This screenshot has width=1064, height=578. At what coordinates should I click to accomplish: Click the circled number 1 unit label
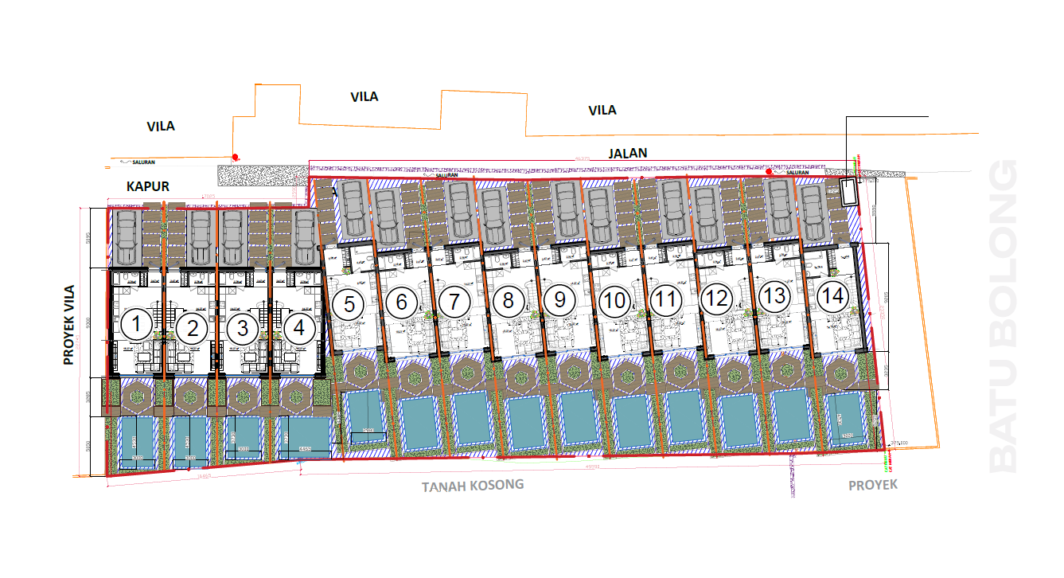138,326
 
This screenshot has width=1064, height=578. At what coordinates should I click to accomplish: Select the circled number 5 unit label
348,303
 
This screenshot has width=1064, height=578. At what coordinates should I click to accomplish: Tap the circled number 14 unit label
833,297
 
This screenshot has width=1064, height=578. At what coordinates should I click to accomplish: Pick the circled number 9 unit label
559,300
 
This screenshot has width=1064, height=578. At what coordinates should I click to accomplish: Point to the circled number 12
717,299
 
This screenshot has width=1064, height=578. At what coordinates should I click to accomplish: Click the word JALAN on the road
627,153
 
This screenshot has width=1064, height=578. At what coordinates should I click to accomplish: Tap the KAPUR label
148,186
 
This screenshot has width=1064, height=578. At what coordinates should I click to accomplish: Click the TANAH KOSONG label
473,485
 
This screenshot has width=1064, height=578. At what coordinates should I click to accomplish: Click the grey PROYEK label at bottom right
872,484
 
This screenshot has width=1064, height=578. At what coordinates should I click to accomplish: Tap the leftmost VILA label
161,126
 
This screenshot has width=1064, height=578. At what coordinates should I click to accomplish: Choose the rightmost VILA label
602,110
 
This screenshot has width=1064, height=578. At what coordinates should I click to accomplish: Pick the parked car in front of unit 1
127,237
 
